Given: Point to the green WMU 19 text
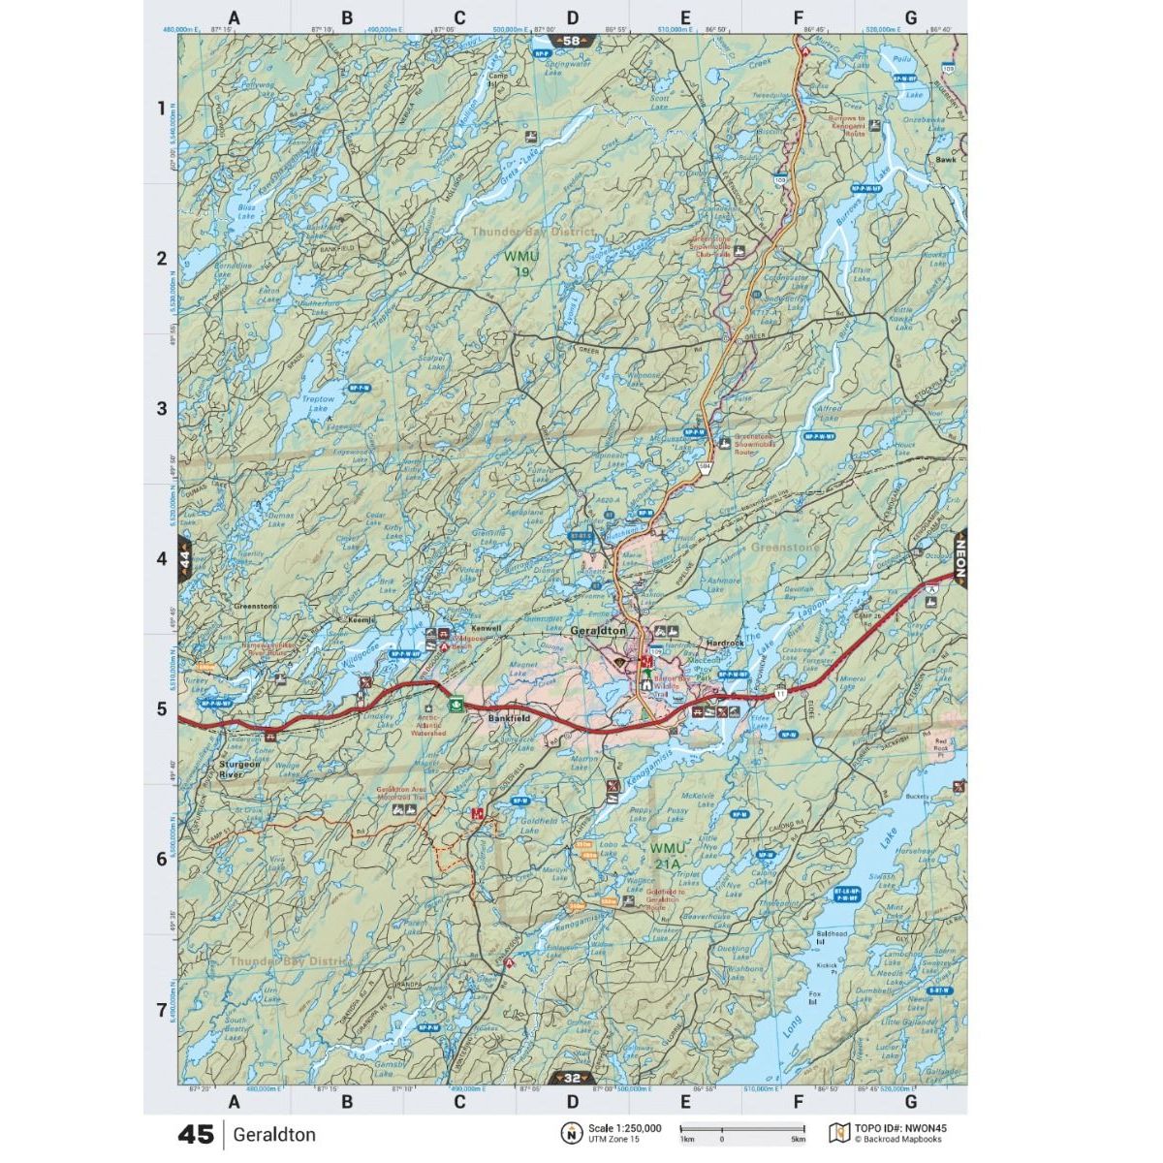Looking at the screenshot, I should [518, 264].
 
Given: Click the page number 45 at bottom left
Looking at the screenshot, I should [195, 1134].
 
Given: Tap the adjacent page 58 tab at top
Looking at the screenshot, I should [572, 41].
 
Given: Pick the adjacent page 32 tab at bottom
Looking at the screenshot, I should [572, 1078].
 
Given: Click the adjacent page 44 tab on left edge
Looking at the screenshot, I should [184, 559].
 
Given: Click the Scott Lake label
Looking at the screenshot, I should [660, 101].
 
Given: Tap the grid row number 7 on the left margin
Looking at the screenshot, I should [161, 1011].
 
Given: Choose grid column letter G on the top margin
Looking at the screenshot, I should [910, 17].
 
